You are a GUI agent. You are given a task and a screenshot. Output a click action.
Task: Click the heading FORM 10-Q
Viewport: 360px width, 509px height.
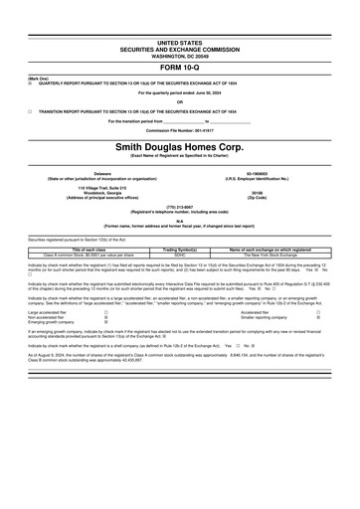[x=179, y=67]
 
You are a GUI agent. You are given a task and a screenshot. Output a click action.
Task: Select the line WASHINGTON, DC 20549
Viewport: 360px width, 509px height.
[x=179, y=56]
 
